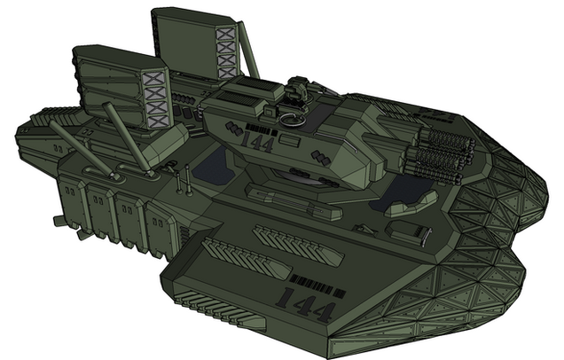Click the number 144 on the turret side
point(257,143)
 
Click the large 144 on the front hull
point(307,304)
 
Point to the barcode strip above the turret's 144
point(262,129)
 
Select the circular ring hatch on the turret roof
point(292,121)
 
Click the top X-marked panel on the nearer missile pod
point(155,80)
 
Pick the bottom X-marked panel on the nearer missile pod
point(158,121)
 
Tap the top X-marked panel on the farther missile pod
point(225,34)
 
